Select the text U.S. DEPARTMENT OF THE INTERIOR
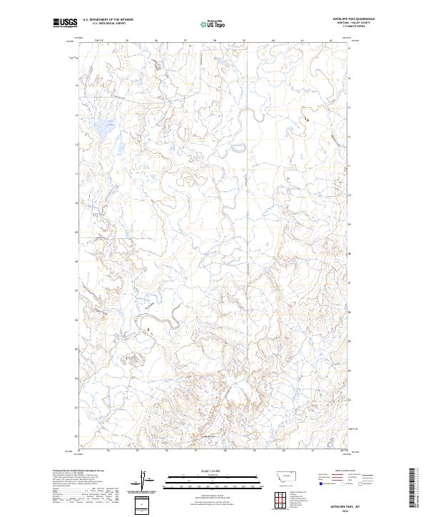point(108,20)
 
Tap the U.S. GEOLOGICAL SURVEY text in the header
point(108,24)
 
